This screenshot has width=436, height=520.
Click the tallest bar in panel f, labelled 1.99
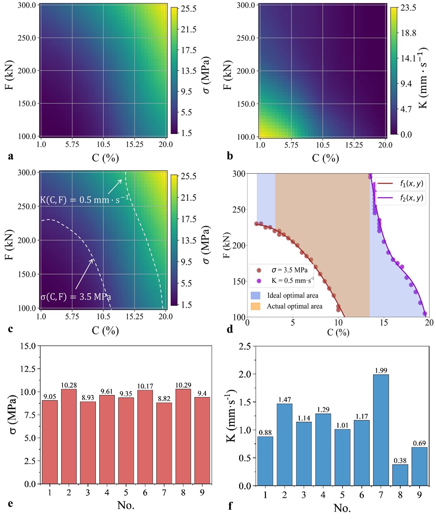(381, 430)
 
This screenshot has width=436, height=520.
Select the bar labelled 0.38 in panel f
(400, 475)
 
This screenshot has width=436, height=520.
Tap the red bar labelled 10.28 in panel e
(69, 436)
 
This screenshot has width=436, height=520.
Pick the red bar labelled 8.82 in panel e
(164, 443)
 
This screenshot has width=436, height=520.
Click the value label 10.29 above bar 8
(183, 385)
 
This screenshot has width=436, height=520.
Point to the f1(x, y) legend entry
(401, 183)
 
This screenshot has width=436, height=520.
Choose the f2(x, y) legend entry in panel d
(401, 198)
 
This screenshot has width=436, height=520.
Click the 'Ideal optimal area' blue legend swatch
(256, 295)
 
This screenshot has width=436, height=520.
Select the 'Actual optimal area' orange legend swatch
(256, 306)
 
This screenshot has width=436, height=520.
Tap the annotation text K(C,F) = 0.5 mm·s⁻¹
(85, 199)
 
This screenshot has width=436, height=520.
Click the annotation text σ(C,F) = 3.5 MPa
(76, 296)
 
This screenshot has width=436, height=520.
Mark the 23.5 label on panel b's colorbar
(408, 8)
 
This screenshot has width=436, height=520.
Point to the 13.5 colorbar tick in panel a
(189, 71)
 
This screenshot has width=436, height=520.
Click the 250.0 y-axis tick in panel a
(27, 38)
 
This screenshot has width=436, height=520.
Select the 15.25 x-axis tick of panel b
(354, 145)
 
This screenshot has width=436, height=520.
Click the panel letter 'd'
(230, 329)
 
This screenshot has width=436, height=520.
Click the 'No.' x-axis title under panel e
(126, 505)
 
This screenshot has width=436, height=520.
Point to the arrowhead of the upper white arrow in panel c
(121, 180)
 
